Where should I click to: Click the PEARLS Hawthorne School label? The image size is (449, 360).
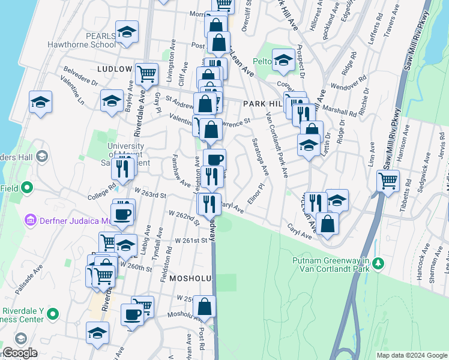click(100, 40)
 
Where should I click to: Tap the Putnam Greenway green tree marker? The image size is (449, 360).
click(378, 263)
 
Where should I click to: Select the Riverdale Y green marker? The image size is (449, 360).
click(53, 313)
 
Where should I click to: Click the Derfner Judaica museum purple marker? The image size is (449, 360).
click(30, 220)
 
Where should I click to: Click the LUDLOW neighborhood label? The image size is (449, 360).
click(114, 69)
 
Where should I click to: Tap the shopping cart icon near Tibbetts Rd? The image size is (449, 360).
click(388, 179)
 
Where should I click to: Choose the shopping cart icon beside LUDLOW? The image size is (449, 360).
click(146, 74)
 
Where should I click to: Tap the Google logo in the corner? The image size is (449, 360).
click(20, 353)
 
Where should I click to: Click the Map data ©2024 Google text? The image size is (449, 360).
click(411, 355)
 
